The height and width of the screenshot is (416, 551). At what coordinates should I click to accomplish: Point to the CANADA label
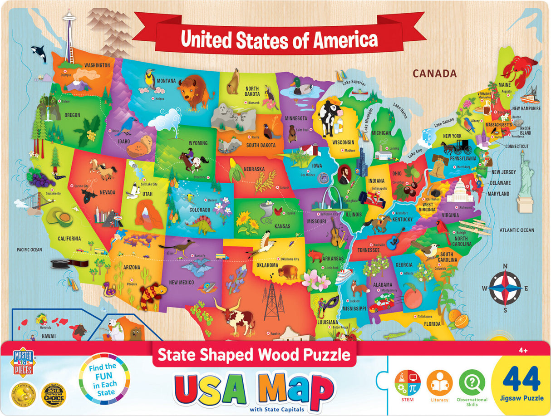tap(434, 73)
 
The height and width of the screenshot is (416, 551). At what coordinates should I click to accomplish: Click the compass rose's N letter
tap(505, 266)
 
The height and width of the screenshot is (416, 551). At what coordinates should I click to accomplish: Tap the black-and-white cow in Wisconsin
tap(330, 116)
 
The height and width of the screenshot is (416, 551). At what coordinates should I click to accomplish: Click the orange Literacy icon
tap(439, 382)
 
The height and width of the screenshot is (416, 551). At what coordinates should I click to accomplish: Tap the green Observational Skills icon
tap(472, 382)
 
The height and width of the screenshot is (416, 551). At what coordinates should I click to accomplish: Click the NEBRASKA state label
tap(254, 169)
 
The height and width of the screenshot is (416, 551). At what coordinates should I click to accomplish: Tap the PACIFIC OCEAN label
tap(29, 250)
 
